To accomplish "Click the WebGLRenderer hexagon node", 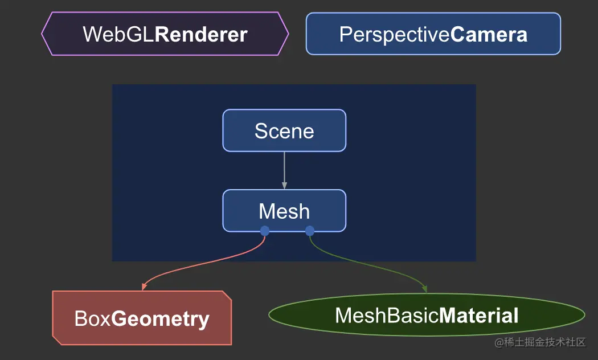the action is [165, 34].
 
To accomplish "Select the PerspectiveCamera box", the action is [433, 34].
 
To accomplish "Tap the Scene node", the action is [284, 130].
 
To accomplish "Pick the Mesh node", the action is [284, 211].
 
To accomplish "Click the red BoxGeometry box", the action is [142, 318].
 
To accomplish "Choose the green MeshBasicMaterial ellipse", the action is [427, 315].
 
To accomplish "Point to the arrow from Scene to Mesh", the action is [284, 170].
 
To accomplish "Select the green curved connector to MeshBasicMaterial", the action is [366, 265].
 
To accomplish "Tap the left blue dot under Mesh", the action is [265, 231].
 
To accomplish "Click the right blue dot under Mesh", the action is [310, 231].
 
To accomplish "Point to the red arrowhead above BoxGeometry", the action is [144, 287].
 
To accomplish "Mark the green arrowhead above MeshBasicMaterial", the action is [424, 289].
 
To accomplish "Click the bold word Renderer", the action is [201, 34].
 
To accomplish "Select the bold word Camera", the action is [489, 34].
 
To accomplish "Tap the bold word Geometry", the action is [160, 320].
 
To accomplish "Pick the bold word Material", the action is [478, 316].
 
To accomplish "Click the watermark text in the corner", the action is [540, 342].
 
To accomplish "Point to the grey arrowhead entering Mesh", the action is [284, 185].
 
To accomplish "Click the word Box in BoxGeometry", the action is [93, 318].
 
